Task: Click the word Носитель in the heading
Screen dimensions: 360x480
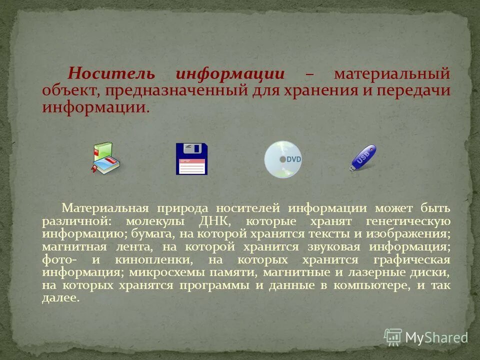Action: (x=111, y=74)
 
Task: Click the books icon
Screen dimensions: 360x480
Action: (x=106, y=158)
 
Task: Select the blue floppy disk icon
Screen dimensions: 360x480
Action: (x=191, y=158)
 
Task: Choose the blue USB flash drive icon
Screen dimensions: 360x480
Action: (x=363, y=157)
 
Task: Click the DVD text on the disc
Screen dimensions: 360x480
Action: (x=293, y=159)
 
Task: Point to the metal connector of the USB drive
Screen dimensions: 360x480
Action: (x=352, y=168)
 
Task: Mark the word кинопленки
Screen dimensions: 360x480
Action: (x=153, y=260)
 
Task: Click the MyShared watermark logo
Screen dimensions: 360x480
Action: (x=425, y=337)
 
